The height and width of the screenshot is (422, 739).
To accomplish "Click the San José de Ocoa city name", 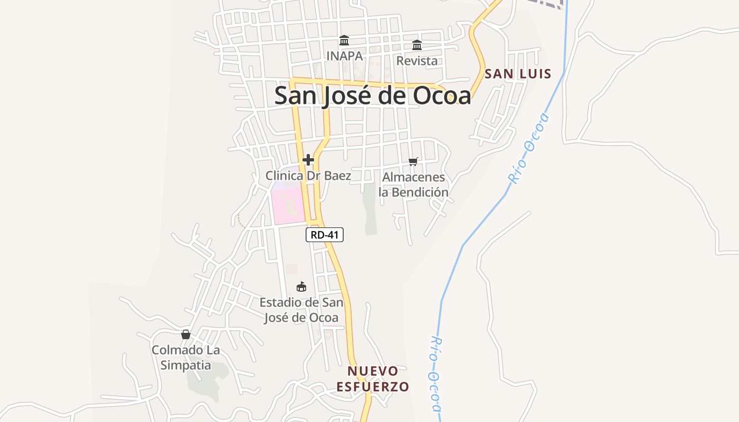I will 373,95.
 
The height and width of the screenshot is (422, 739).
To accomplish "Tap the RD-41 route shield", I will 325,235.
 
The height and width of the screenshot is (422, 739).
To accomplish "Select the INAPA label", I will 344,55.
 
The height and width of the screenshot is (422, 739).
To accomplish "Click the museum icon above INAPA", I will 344,40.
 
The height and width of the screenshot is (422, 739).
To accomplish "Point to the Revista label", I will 417,61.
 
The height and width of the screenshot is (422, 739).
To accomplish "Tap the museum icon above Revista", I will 417,44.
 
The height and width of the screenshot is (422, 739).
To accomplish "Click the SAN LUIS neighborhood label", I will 518,74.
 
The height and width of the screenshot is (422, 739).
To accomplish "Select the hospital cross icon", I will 308,160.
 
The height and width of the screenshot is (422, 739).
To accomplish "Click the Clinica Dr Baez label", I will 308,176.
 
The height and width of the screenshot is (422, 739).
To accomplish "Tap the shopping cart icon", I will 413,161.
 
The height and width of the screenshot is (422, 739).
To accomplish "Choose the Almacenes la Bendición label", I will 413,185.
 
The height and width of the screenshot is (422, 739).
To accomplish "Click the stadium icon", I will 301,287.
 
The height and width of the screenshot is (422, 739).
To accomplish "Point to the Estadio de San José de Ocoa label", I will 301,310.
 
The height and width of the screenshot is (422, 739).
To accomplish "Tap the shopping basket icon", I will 185,334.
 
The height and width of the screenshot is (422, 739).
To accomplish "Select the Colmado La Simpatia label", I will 185,357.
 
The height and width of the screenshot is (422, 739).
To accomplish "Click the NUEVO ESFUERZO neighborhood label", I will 373,379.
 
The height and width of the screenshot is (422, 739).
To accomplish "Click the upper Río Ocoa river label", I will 528,148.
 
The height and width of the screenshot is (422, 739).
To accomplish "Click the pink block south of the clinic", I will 288,206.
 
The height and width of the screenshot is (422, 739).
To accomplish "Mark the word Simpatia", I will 185,365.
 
